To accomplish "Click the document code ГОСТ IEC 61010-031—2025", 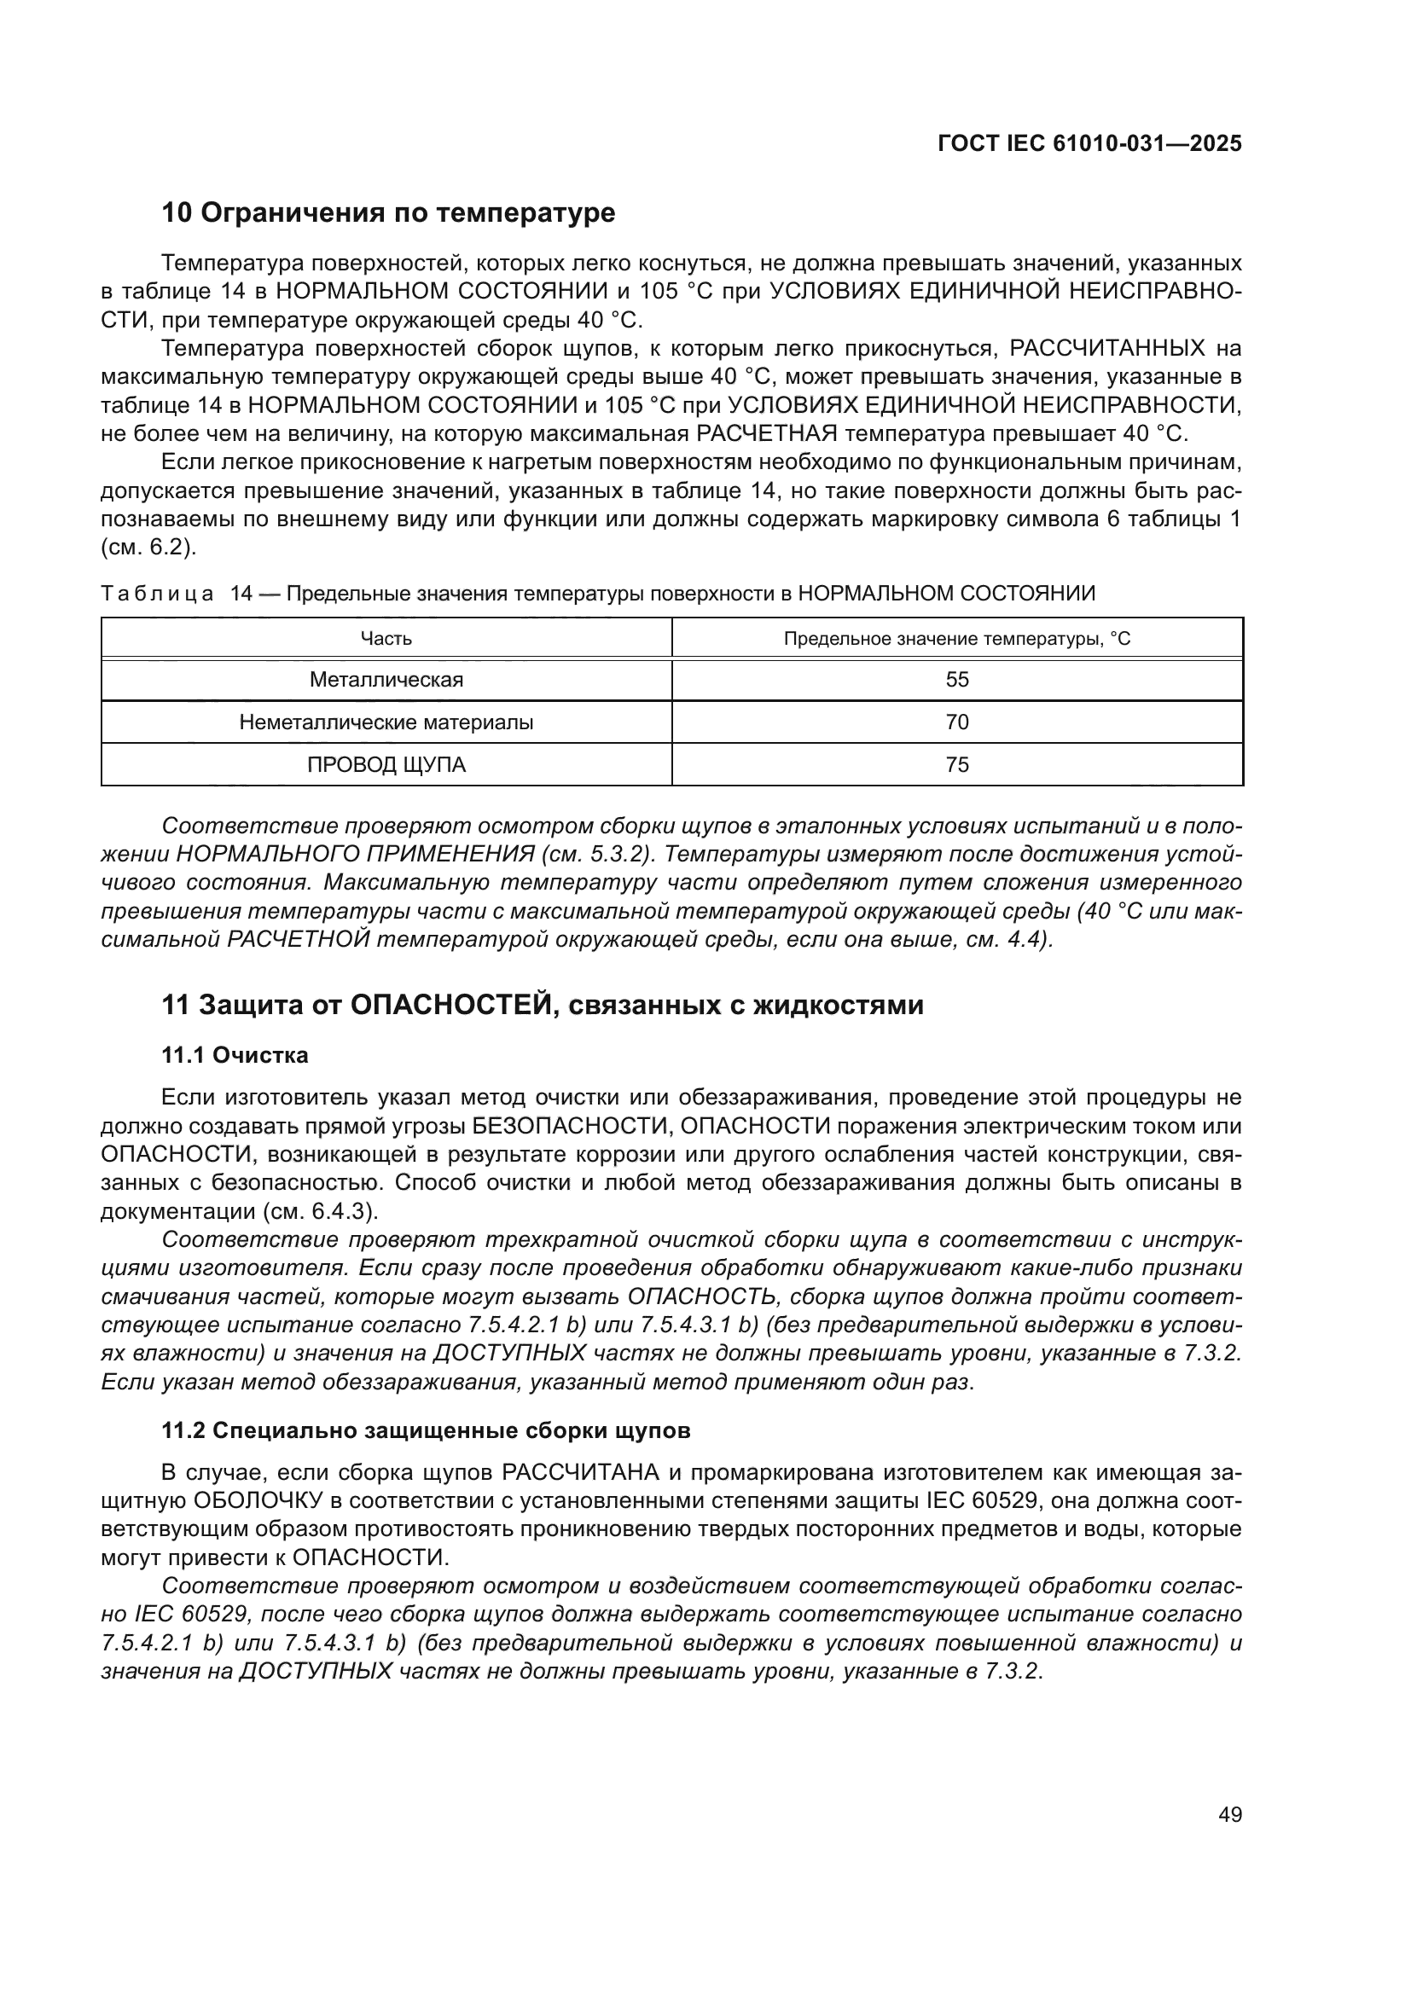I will click(x=1089, y=144).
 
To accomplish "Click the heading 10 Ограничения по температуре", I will click(x=388, y=213).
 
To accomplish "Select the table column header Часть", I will click(x=386, y=640).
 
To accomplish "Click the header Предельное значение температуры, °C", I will click(x=956, y=640).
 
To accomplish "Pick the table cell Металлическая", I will click(x=386, y=681).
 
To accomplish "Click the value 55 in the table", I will click(x=956, y=681).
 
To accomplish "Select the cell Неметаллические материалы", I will click(x=386, y=723).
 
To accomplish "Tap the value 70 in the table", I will click(x=956, y=723).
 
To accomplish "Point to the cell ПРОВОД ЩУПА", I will click(x=386, y=765).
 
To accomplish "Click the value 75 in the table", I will click(x=956, y=765).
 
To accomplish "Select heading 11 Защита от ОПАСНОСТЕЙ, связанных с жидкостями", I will click(x=543, y=1006).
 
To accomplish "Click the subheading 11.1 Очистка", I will click(x=235, y=1056).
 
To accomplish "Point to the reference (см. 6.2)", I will click(x=148, y=548).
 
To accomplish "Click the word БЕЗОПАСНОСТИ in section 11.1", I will click(x=572, y=1127).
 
